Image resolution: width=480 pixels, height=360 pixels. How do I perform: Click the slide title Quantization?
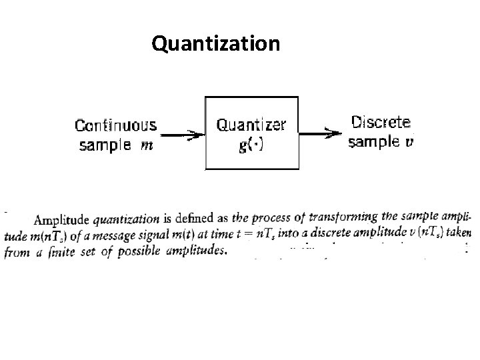215,44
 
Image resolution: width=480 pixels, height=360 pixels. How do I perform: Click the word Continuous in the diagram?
116,126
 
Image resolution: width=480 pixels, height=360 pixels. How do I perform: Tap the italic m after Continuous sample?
147,145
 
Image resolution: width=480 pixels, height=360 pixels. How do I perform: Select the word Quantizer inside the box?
252,125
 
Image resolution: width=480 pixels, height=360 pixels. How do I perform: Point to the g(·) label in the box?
251,145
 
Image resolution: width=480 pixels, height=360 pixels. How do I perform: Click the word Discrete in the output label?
381,123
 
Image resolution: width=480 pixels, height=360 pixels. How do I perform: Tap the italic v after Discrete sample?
409,142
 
